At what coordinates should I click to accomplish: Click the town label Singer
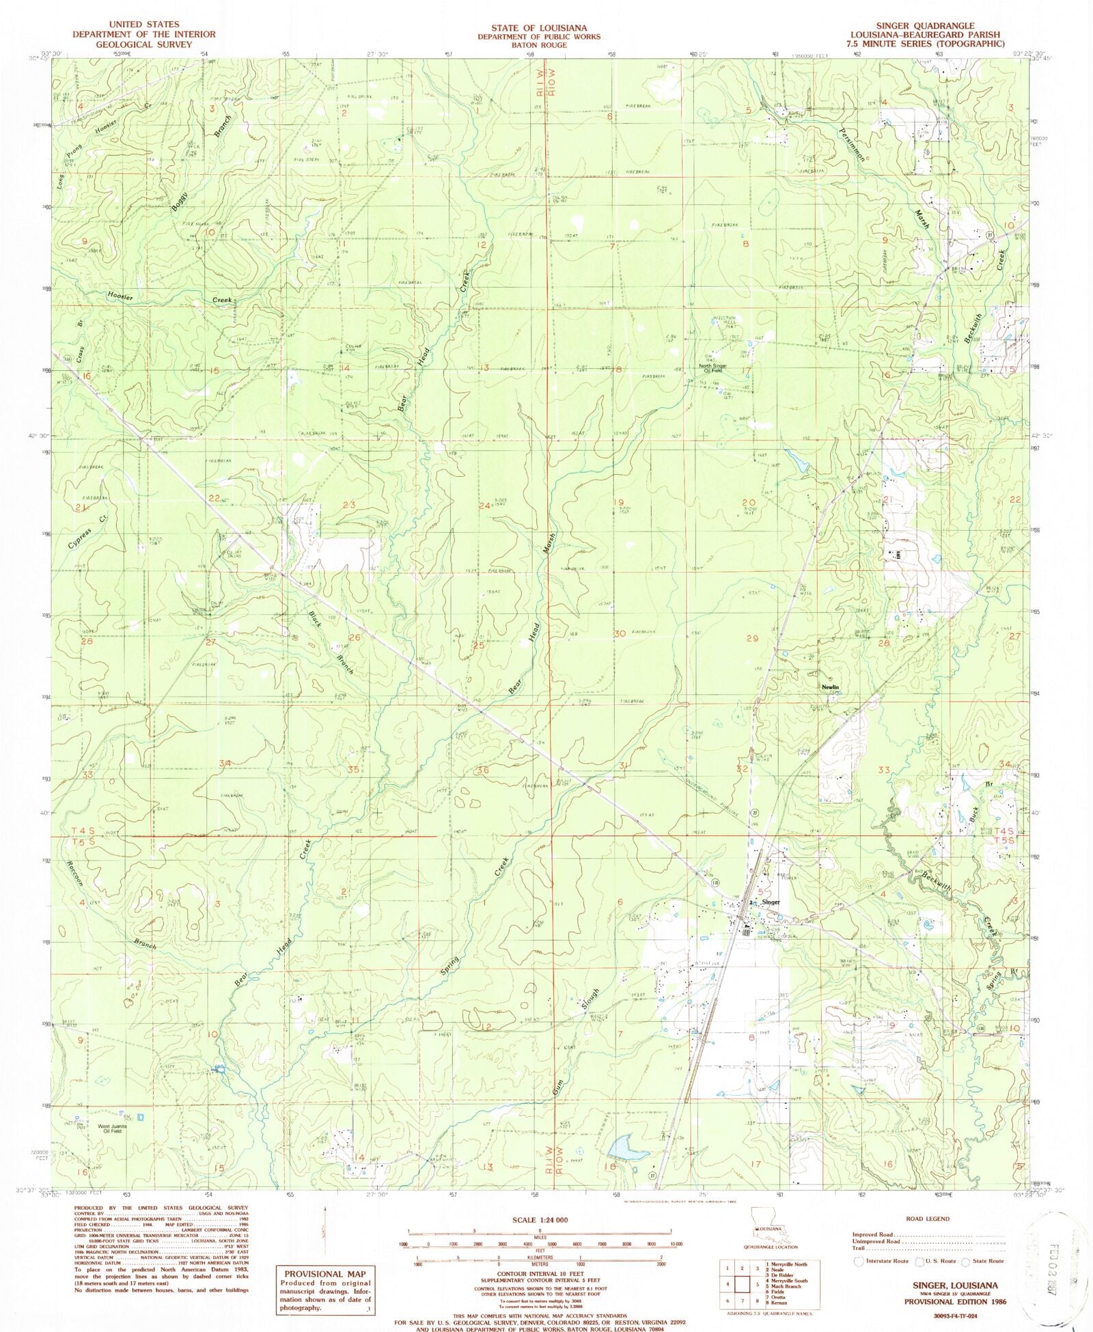click(770, 902)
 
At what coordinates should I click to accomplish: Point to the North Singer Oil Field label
click(715, 367)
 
